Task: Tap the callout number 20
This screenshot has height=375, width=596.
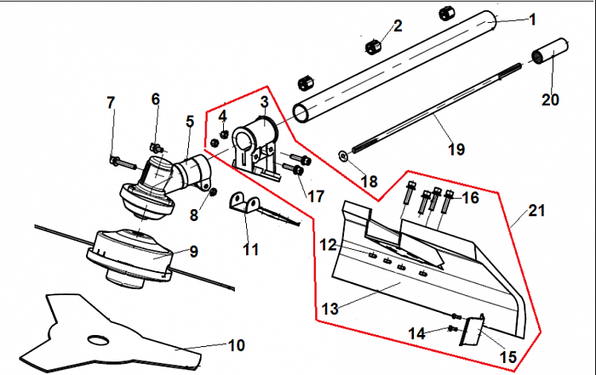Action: tap(550, 99)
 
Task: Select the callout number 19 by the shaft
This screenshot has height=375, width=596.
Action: tap(456, 150)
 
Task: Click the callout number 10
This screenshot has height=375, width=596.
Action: tap(236, 345)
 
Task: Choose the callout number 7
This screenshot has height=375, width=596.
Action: tap(111, 103)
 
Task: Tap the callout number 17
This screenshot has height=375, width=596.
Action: tap(316, 196)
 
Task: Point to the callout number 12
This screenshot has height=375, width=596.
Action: tap(329, 245)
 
